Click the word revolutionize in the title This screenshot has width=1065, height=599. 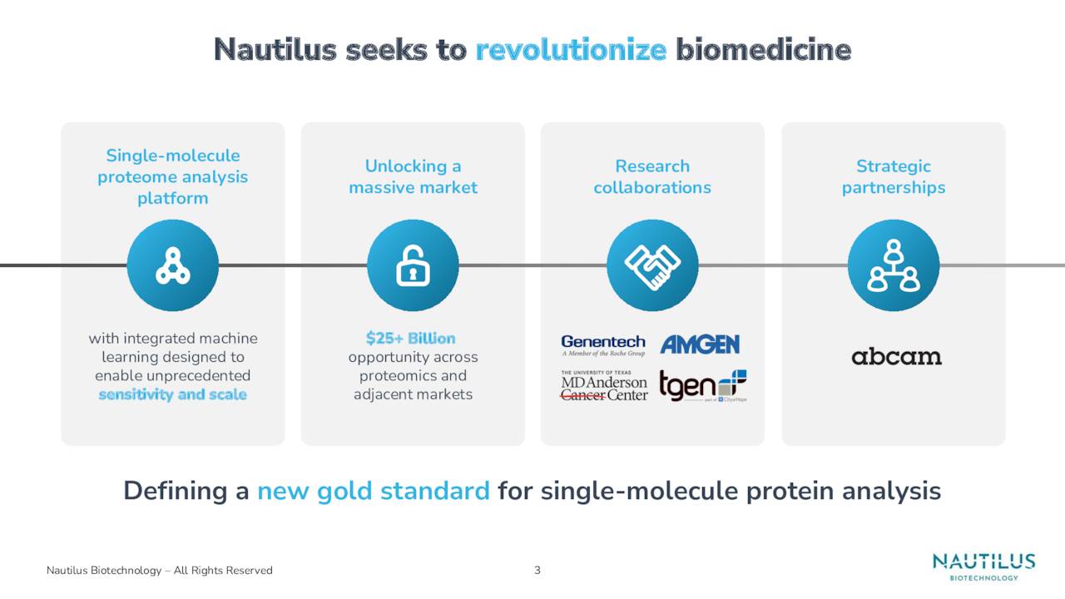[x=571, y=51]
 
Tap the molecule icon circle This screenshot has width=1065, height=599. [x=173, y=265]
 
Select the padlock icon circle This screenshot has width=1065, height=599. [x=413, y=265]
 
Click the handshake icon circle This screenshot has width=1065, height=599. [x=652, y=265]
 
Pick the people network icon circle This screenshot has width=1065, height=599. [x=893, y=265]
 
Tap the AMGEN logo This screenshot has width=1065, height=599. [x=700, y=344]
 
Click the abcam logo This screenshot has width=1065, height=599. [x=896, y=357]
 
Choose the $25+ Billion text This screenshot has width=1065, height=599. [x=411, y=339]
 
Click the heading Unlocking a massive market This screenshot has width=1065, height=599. [x=413, y=177]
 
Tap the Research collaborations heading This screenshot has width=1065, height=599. [x=652, y=177]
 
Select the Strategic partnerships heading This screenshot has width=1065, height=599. [x=893, y=177]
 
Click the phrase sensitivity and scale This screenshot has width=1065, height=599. [x=172, y=394]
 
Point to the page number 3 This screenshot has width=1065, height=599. [x=537, y=570]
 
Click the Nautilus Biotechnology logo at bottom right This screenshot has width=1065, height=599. [x=983, y=567]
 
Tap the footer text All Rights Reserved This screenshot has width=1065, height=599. [x=222, y=570]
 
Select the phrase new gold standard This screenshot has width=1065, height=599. [x=373, y=492]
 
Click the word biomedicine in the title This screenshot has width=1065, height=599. [x=763, y=51]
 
